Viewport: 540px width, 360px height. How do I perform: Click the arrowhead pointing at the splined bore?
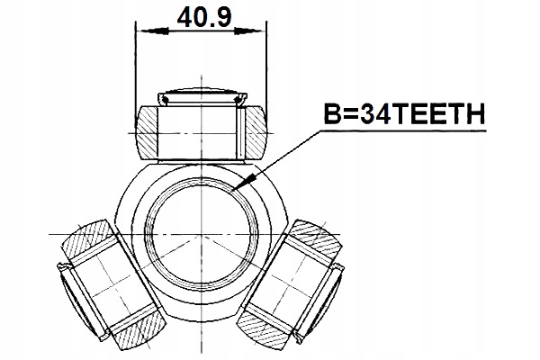[236, 189]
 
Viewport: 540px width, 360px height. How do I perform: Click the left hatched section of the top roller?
[148, 130]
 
